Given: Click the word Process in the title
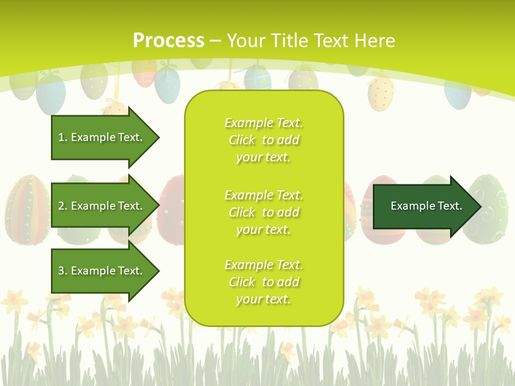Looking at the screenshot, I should pos(168,41).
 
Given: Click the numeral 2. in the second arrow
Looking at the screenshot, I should pos(63,206).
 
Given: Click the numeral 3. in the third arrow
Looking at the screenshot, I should pos(63,271).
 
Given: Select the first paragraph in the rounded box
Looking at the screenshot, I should pos(263,140).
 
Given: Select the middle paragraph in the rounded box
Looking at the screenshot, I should pos(263,212).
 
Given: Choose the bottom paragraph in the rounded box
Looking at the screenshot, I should pos(263,282).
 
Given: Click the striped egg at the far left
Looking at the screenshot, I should pos(27,209).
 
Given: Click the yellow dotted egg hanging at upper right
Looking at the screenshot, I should pos(381,92).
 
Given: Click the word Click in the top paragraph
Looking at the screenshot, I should pos(242,140).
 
